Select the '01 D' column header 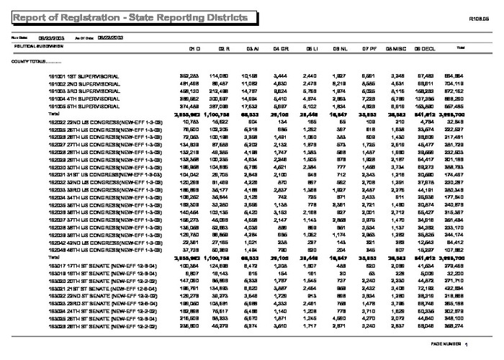tap(194, 48)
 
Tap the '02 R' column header tap(224, 48)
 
